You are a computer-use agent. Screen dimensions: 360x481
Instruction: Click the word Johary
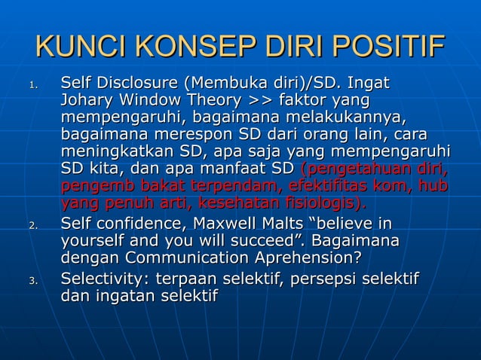coord(85,101)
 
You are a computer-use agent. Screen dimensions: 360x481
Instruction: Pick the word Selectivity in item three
coord(104,280)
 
